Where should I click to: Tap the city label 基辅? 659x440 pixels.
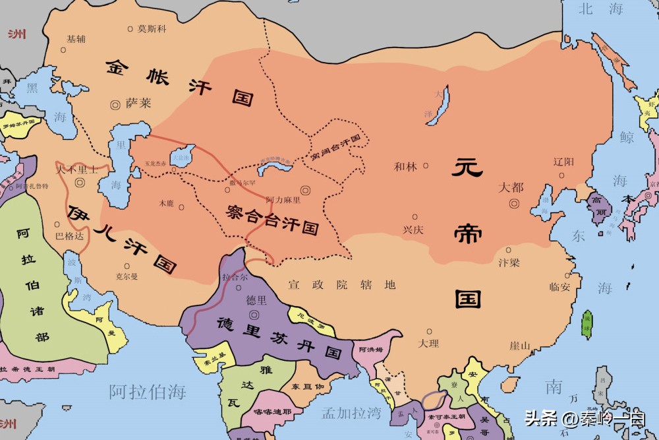[x=76, y=39]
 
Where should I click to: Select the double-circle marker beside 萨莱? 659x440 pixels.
[x=115, y=104]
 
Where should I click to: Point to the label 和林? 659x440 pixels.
[x=405, y=167]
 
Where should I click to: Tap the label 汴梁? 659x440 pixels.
[x=508, y=263]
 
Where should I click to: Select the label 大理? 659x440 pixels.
[x=429, y=344]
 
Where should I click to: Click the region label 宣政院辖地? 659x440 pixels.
[x=342, y=285]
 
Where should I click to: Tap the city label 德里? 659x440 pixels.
[x=256, y=300]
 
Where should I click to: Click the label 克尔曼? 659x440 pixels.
[x=126, y=276]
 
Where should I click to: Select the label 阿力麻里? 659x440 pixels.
[x=283, y=200]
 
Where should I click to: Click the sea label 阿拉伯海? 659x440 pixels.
[x=148, y=391]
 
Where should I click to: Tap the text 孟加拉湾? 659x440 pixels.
[x=351, y=414]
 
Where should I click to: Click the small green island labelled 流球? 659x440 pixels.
[x=587, y=323]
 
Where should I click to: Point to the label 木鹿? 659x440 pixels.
[x=166, y=204]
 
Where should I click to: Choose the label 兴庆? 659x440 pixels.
[x=413, y=230]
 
